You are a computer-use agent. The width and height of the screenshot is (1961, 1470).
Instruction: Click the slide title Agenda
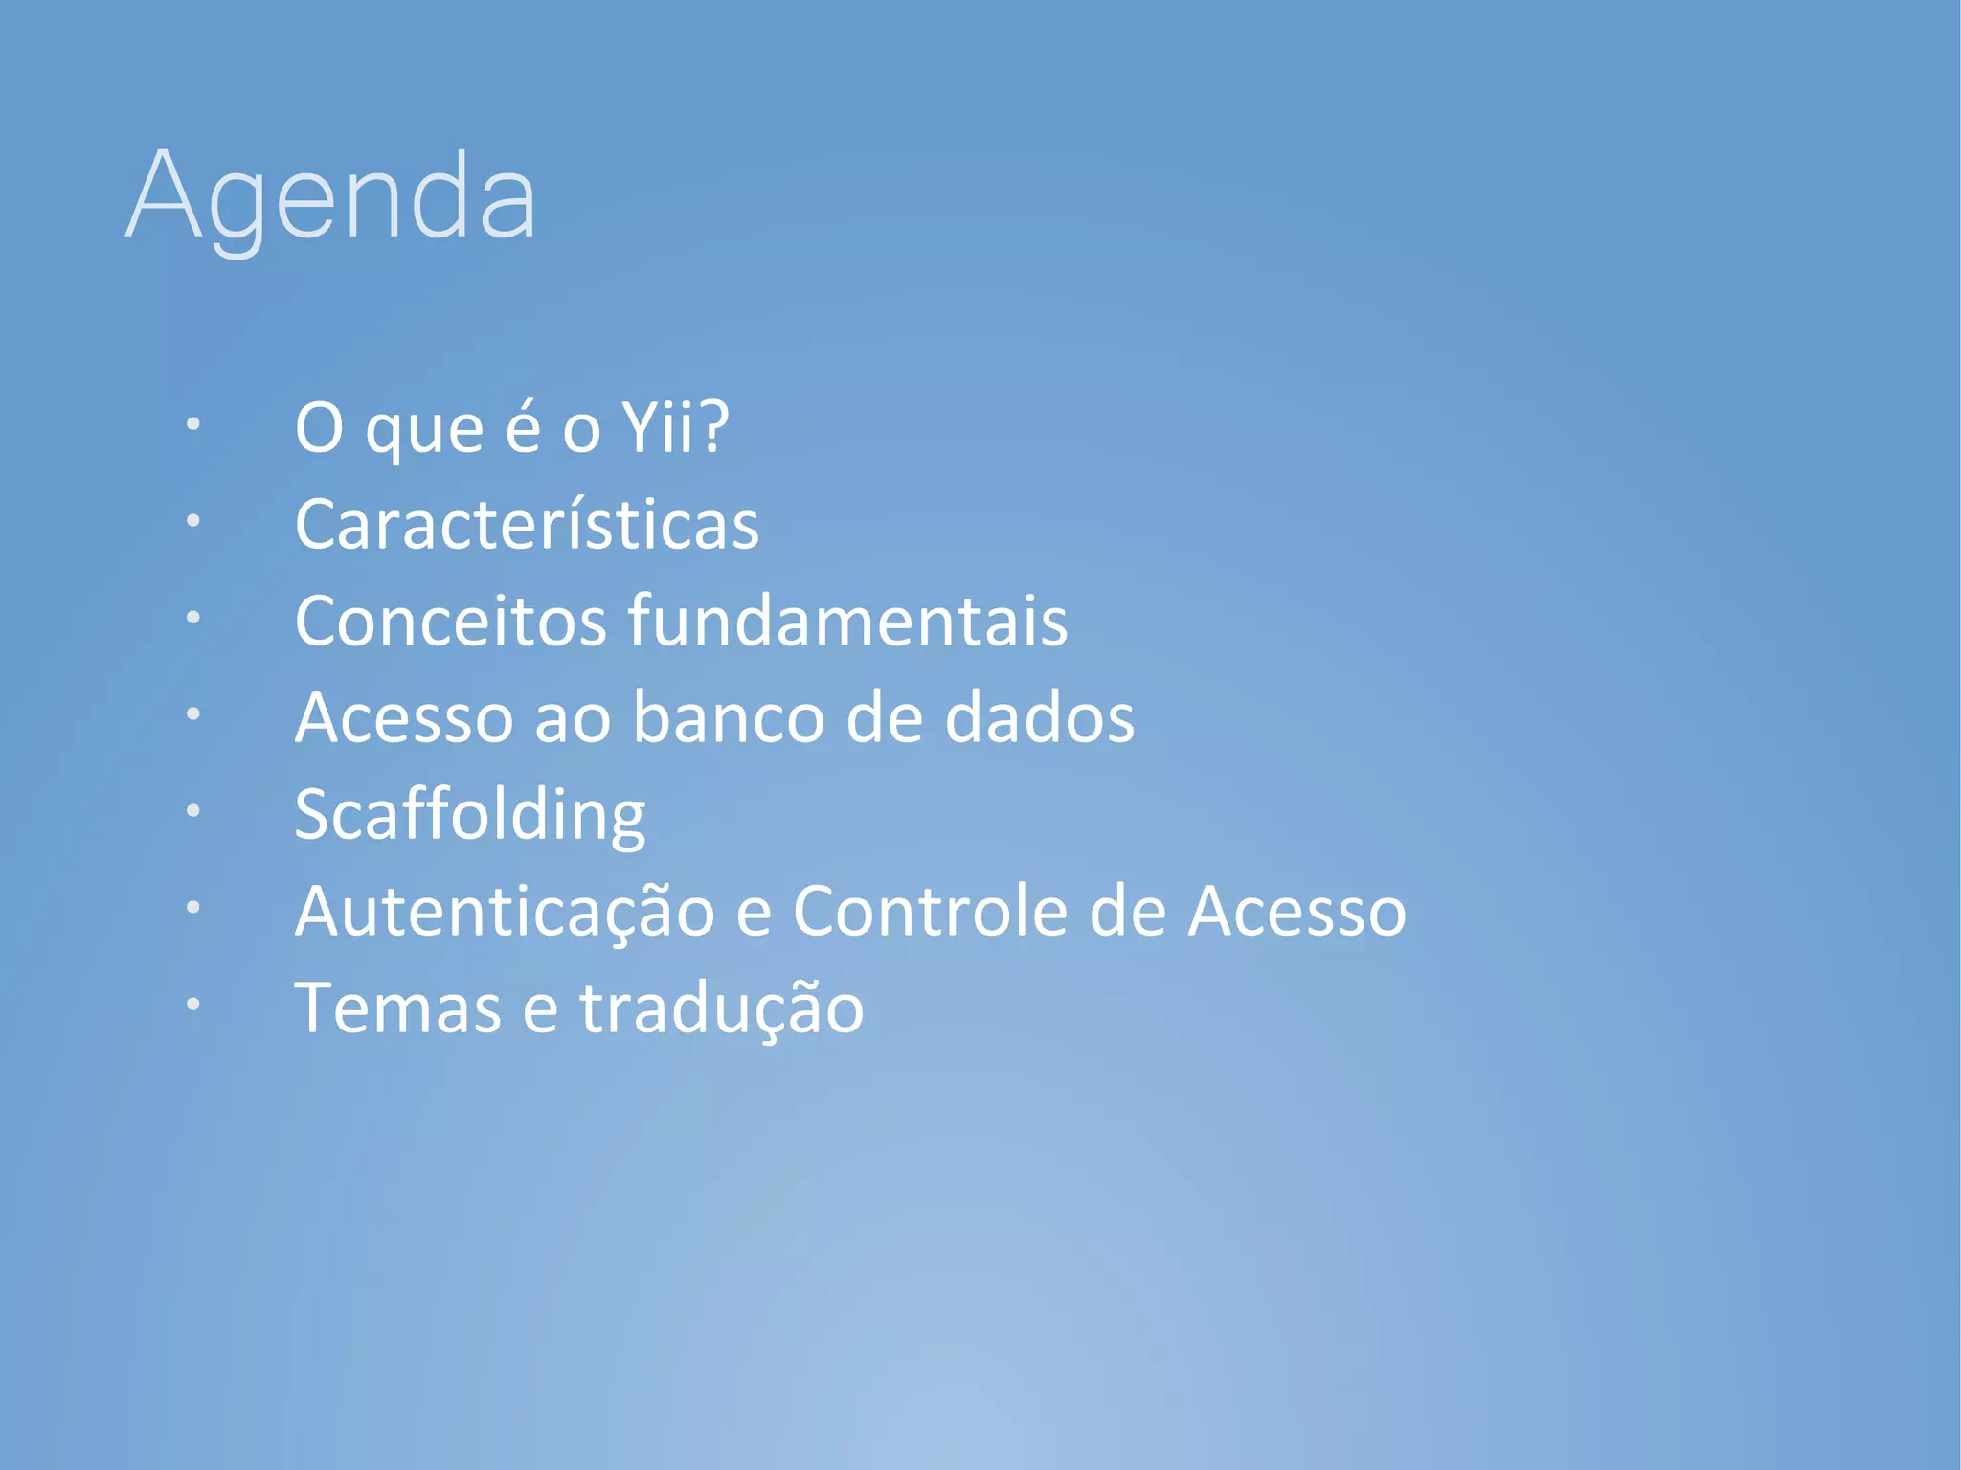330,196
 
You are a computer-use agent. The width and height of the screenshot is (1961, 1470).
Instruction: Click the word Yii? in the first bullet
675,427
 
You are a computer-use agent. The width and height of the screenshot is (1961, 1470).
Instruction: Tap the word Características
527,525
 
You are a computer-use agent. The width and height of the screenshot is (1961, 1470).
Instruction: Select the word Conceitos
450,622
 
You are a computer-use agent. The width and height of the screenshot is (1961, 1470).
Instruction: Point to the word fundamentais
847,622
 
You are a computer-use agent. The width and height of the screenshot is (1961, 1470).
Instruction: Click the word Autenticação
505,912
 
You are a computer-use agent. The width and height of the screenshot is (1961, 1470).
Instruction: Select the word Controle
930,912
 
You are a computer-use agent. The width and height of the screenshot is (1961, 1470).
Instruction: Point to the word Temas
397,1008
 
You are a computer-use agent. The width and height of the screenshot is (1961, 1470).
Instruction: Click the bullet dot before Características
193,520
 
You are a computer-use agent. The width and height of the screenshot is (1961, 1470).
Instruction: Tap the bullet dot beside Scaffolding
193,810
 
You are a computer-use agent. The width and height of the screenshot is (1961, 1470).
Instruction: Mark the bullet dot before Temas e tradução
193,1004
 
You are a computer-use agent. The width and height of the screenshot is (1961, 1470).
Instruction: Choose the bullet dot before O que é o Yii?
193,423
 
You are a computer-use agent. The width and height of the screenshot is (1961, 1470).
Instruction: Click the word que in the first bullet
424,431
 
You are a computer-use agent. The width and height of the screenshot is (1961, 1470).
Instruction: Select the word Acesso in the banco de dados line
403,718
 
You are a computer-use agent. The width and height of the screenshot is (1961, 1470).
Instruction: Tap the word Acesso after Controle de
1296,912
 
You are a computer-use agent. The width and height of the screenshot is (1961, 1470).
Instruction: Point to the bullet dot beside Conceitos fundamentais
193,617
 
